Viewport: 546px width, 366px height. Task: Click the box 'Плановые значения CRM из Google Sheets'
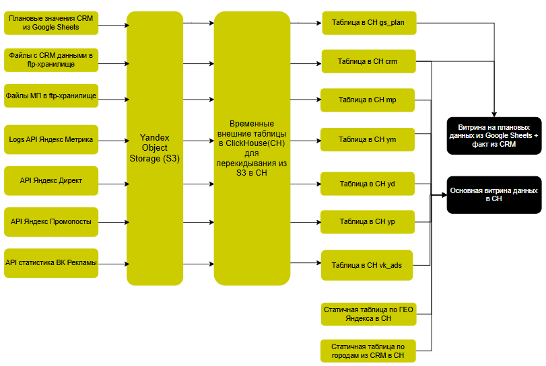(x=51, y=23)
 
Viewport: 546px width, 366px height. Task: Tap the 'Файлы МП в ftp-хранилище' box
(x=51, y=96)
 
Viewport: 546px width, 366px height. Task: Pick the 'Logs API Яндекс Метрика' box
(x=51, y=139)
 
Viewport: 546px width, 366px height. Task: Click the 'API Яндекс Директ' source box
(x=51, y=180)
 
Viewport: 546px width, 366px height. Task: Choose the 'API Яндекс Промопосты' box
(x=51, y=221)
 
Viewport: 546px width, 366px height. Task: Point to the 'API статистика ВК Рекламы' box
(x=51, y=262)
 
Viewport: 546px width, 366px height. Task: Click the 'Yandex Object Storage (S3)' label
(x=154, y=148)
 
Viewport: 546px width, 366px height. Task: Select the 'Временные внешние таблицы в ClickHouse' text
(x=251, y=148)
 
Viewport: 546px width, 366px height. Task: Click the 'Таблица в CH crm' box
(x=368, y=61)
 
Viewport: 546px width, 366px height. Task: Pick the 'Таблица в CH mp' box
(x=367, y=100)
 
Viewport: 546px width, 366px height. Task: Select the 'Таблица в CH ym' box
(x=367, y=139)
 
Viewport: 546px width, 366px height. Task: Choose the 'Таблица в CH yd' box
(x=367, y=184)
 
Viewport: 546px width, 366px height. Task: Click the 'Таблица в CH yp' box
(x=367, y=221)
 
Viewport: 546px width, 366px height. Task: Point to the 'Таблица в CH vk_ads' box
(x=367, y=265)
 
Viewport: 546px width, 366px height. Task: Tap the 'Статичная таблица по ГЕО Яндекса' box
(x=368, y=314)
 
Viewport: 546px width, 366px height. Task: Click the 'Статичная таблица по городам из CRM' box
(x=368, y=351)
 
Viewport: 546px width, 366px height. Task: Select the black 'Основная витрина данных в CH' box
(x=494, y=195)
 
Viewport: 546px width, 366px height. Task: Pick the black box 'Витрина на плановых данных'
(x=494, y=135)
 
